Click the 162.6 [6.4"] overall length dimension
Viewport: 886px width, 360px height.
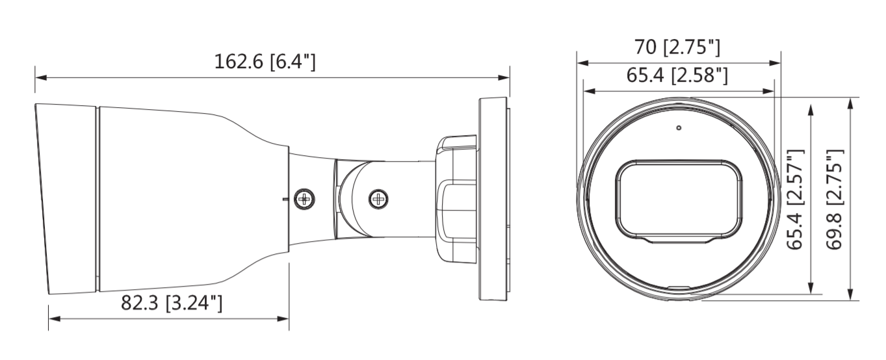click(x=265, y=62)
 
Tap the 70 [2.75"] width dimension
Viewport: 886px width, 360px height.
click(x=677, y=47)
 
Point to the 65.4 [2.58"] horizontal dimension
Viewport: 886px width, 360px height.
click(x=677, y=76)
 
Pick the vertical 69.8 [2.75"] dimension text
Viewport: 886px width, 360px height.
click(x=835, y=199)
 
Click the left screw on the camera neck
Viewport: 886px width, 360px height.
click(x=302, y=199)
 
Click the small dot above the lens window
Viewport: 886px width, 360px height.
click(x=679, y=128)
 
